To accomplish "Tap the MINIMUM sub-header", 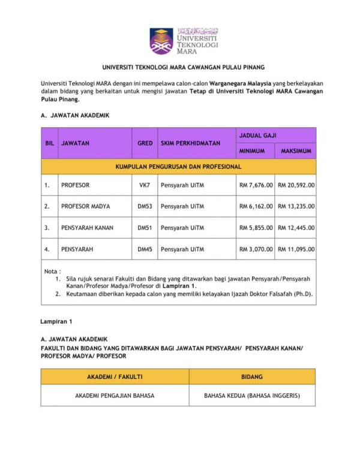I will click(256, 151).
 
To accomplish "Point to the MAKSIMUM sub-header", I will click(295, 151).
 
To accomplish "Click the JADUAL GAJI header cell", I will click(275, 135).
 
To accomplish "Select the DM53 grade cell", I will click(144, 206).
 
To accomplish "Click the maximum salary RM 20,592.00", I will click(296, 185).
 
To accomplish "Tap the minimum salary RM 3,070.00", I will click(256, 249).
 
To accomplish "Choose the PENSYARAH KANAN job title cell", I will click(87, 228).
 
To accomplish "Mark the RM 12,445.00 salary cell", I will click(296, 228).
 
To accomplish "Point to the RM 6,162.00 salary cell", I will click(256, 206).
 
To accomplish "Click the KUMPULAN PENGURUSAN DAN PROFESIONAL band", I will click(178, 166).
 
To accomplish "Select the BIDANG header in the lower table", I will click(252, 376).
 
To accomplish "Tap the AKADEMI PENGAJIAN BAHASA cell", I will click(115, 396).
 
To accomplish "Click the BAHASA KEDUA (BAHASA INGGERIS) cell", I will click(252, 396).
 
